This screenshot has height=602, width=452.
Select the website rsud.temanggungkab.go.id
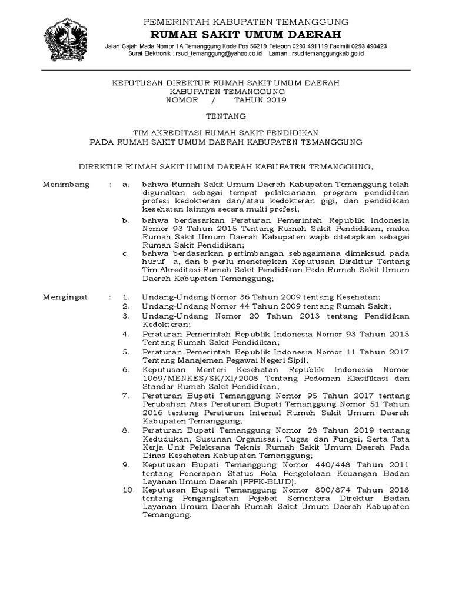pyautogui.click(x=323, y=53)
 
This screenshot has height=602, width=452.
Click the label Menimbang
pyautogui.click(x=67, y=185)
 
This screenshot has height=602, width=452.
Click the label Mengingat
pyautogui.click(x=65, y=297)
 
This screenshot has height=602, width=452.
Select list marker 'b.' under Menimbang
pyautogui.click(x=125, y=220)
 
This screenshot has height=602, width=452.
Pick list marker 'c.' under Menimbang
pyautogui.click(x=125, y=254)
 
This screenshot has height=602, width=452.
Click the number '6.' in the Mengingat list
pyautogui.click(x=125, y=369)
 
